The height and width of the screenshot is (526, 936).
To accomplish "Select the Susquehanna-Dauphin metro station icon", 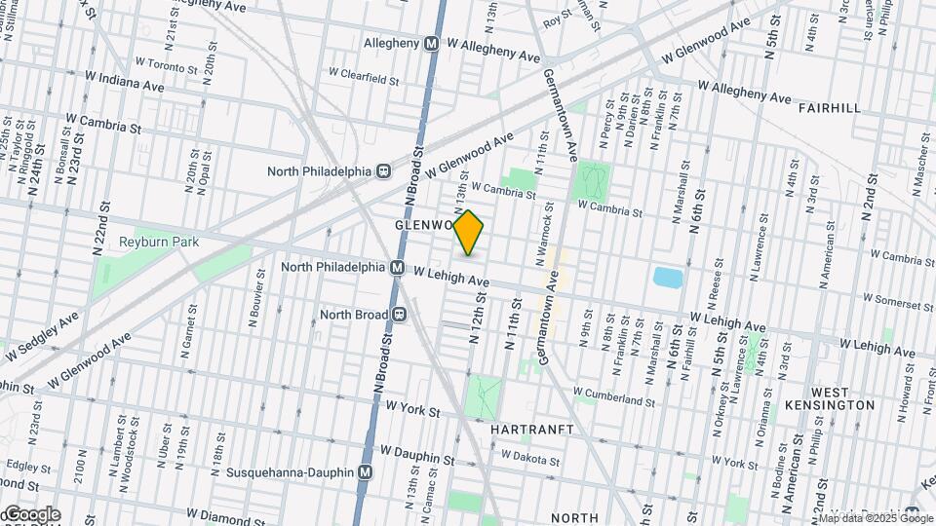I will (x=366, y=471).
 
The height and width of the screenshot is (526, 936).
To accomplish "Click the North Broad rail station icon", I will (x=399, y=315).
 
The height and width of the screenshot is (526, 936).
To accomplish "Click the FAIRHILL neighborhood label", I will (x=829, y=108).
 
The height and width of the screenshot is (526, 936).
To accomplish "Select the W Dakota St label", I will (x=532, y=456).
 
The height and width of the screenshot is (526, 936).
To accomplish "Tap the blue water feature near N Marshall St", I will (x=667, y=278).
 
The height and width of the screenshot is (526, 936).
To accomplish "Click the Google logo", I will (x=31, y=514).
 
